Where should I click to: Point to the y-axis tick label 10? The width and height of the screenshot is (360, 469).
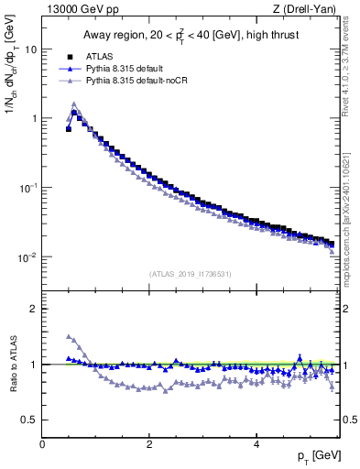pos(31,49)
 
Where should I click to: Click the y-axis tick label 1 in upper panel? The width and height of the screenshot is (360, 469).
pos(35,118)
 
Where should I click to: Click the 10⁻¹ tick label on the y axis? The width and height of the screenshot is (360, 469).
pos(29,187)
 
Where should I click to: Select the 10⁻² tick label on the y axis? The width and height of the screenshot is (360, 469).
pos(29,256)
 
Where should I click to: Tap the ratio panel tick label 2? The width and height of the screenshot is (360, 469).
pos(35,309)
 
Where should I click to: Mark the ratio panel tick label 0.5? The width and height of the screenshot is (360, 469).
pos(30,420)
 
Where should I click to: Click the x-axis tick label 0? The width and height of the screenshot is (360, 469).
pos(42,444)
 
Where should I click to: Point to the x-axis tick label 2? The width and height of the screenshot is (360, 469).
pos(149,444)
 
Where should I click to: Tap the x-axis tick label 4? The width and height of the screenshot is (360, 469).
pos(256,444)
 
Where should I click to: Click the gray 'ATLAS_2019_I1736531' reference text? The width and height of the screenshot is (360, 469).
pos(190,274)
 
